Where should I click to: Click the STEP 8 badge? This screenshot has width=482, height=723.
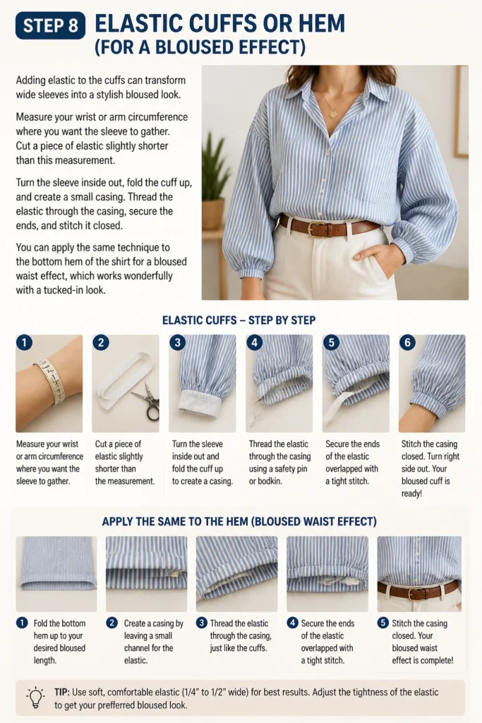pyautogui.click(x=50, y=25)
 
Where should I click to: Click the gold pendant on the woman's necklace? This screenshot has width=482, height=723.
pyautogui.click(x=332, y=112)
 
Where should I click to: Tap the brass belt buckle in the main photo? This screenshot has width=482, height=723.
pyautogui.click(x=316, y=228)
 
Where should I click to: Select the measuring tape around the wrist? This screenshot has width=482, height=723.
pyautogui.click(x=51, y=380)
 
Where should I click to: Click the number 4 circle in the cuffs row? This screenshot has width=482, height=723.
pyautogui.click(x=254, y=342)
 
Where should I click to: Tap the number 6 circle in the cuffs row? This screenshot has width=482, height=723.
pyautogui.click(x=407, y=342)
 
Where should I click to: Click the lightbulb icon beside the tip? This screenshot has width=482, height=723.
pyautogui.click(x=36, y=698)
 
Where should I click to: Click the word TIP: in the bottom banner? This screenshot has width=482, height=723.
pyautogui.click(x=61, y=692)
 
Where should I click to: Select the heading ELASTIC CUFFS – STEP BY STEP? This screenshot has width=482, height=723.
pyautogui.click(x=239, y=321)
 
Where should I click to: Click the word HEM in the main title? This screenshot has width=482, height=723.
pyautogui.click(x=322, y=23)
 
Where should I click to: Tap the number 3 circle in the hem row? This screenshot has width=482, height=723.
pyautogui.click(x=201, y=623)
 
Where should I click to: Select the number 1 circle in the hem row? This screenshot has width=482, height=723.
pyautogui.click(x=22, y=623)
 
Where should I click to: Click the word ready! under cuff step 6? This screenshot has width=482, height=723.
pyautogui.click(x=411, y=494)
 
